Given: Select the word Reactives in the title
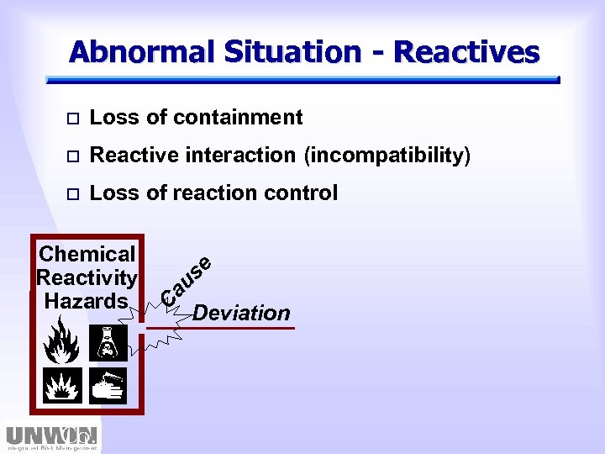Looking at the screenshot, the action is [466, 52].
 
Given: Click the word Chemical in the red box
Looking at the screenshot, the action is [87, 254].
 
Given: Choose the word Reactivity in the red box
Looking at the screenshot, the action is [87, 277].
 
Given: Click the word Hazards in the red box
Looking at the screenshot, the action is [87, 300].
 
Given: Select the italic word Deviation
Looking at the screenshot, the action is [241, 314].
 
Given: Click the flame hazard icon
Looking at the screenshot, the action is [62, 343].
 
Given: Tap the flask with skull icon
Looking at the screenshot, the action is [108, 343].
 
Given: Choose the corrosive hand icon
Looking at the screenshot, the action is [108, 385].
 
